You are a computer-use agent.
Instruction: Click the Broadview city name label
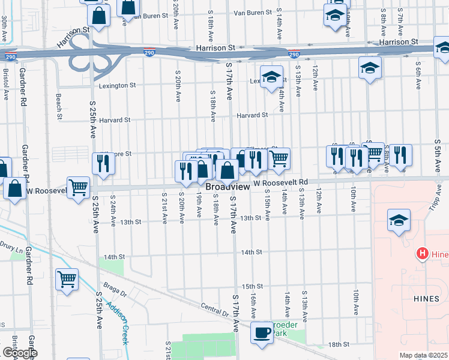228,187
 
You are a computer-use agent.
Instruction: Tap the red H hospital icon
422,254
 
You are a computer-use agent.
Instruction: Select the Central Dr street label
216,310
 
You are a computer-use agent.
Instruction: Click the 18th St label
339,344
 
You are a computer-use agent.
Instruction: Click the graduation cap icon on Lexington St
272,77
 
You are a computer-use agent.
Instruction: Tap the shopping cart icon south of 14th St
67,278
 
